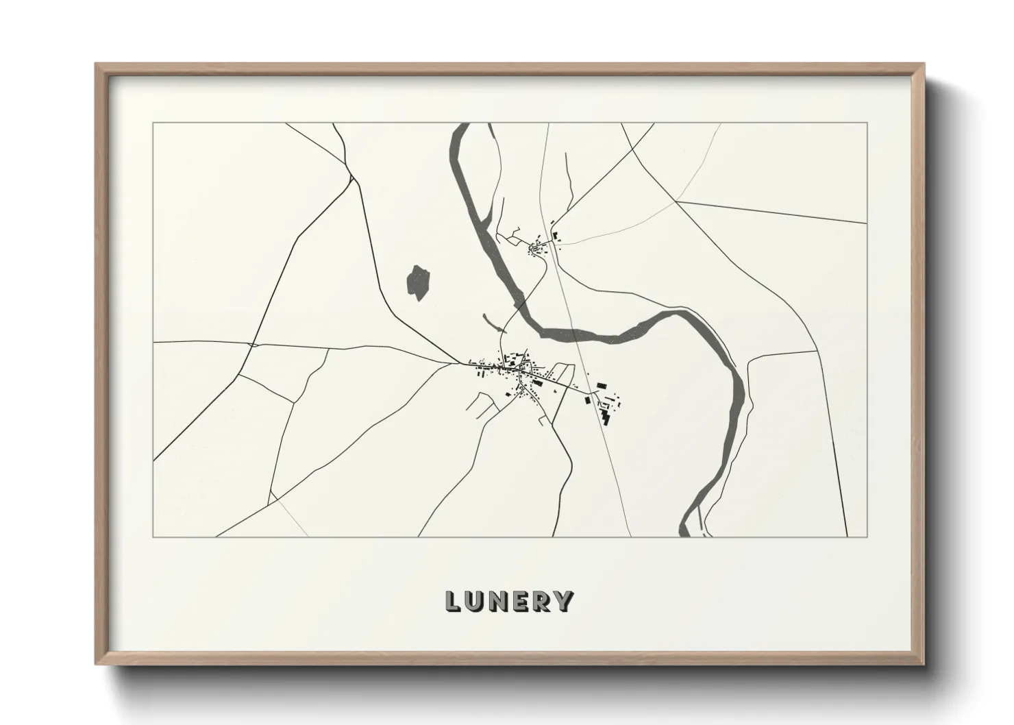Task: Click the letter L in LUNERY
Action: pos(453,601)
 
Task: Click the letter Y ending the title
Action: pos(565,601)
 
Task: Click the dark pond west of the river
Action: pos(418,282)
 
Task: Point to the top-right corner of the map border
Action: pos(867,123)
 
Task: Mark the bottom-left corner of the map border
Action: pos(153,537)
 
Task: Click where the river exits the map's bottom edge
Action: pos(684,534)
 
